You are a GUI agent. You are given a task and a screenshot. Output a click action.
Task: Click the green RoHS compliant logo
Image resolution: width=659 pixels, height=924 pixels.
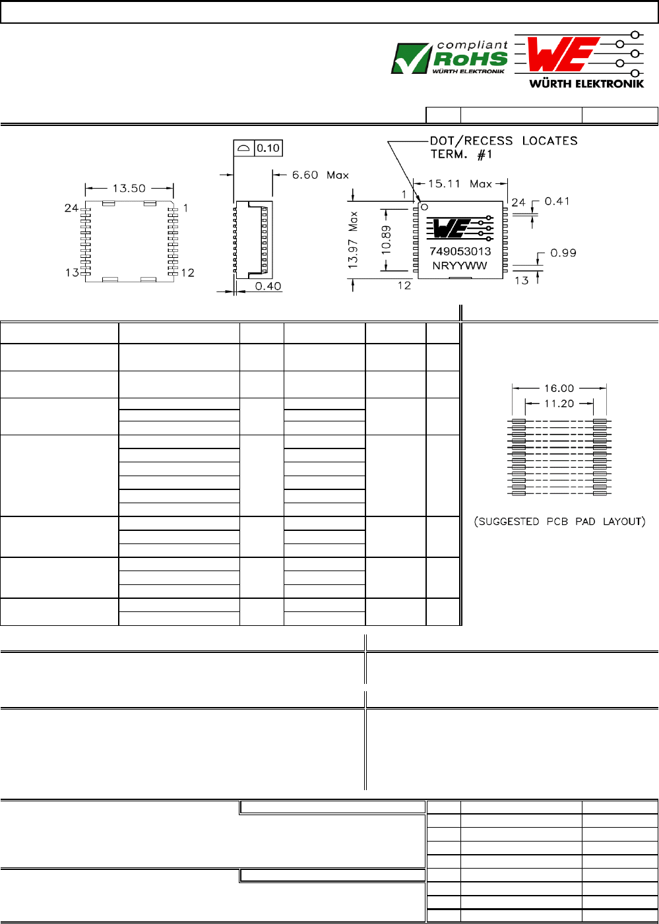point(449,57)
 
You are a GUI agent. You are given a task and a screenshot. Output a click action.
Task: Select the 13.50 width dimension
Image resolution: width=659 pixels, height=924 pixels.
point(129,189)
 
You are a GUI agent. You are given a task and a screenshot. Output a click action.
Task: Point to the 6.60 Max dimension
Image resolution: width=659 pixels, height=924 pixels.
point(320,175)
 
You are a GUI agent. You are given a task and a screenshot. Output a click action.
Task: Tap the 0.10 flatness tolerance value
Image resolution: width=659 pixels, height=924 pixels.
point(268,148)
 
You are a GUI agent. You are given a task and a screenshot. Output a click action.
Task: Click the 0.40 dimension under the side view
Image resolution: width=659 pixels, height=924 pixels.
point(268,286)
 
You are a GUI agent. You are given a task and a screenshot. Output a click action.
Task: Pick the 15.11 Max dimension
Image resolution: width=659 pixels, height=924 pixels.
point(460,183)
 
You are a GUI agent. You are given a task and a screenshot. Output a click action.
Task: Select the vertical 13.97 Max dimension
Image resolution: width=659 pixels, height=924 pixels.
point(353,240)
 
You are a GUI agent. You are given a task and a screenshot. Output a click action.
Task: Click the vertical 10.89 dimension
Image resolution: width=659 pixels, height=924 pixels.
point(386,239)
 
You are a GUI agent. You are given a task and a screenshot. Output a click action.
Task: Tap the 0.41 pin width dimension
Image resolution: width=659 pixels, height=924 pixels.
point(557,201)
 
